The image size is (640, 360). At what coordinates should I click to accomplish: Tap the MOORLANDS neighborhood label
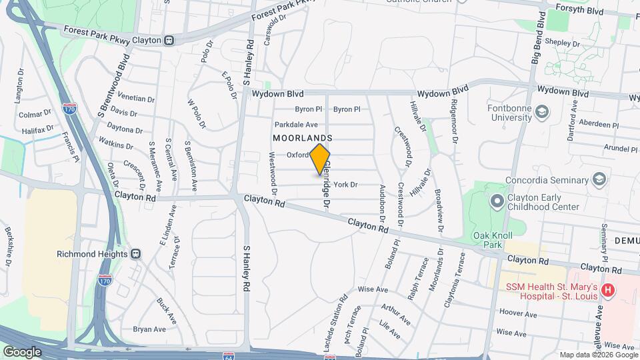coord(303,137)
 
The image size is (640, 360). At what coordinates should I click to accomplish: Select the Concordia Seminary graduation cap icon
coord(599,180)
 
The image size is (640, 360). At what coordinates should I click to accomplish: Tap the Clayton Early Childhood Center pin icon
coord(496,201)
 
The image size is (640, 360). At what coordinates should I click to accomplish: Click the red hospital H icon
coord(607,290)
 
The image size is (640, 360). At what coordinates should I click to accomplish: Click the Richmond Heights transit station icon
coord(135,254)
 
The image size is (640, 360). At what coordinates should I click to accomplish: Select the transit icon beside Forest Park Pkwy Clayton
coord(169,40)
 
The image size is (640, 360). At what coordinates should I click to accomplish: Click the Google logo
coord(22,351)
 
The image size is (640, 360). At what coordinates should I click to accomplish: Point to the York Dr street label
coord(345,185)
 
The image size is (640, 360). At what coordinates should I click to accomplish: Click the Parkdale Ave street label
coord(296,125)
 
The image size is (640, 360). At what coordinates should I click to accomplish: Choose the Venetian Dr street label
coord(135,98)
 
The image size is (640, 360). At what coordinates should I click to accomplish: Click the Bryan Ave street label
coord(149,329)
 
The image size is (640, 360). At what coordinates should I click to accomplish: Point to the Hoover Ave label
coord(513,312)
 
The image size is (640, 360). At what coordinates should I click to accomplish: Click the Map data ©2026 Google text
coord(597,355)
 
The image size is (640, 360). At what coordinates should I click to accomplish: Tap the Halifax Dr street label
coord(37,129)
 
